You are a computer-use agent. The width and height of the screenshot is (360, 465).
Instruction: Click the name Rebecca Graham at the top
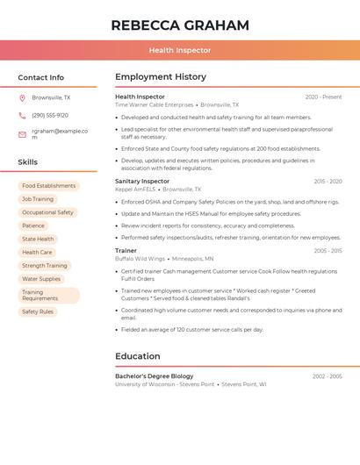click(x=180, y=25)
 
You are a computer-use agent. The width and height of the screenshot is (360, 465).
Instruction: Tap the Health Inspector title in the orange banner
click(x=180, y=50)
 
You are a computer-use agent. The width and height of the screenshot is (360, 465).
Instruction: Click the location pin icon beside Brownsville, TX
click(x=22, y=97)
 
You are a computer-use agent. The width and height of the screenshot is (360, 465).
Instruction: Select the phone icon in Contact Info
click(x=22, y=115)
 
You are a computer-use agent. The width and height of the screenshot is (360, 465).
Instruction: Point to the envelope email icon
click(x=22, y=134)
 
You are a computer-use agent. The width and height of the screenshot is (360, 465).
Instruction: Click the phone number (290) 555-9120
click(x=50, y=115)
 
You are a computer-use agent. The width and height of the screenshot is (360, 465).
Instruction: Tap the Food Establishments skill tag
click(x=49, y=186)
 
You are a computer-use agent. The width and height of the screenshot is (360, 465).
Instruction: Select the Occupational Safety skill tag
click(x=47, y=212)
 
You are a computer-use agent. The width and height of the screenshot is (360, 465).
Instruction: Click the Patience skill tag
click(x=33, y=225)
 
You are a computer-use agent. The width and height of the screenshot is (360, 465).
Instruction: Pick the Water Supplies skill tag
click(x=41, y=279)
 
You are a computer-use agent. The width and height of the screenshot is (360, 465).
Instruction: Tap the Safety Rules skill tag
click(x=38, y=311)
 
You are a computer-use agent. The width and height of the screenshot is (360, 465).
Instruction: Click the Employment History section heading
click(x=161, y=77)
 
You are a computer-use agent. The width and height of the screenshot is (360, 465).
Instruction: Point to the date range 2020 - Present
click(x=323, y=97)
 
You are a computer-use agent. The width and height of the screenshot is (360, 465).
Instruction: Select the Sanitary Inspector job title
click(x=142, y=181)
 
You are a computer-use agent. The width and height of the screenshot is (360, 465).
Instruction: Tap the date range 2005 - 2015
click(x=328, y=251)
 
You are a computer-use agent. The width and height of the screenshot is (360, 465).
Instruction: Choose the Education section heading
click(x=138, y=356)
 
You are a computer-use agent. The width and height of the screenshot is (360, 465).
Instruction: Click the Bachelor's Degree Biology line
click(x=154, y=376)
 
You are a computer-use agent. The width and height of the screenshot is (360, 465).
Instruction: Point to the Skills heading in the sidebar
click(x=28, y=162)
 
